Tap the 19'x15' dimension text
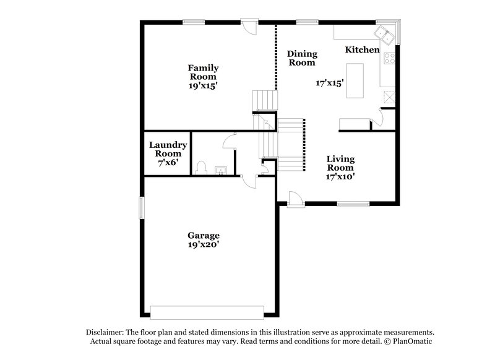click(204, 86)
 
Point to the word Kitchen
click(362, 49)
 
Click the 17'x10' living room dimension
click(340, 176)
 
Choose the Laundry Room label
click(165, 149)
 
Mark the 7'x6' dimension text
click(165, 163)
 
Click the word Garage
click(204, 235)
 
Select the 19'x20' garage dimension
click(204, 245)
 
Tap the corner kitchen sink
click(387, 35)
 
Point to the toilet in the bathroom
click(200, 167)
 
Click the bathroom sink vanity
click(219, 169)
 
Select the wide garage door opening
click(208, 311)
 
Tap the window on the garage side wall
click(142, 207)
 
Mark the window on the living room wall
click(352, 203)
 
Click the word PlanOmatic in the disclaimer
click(410, 341)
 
